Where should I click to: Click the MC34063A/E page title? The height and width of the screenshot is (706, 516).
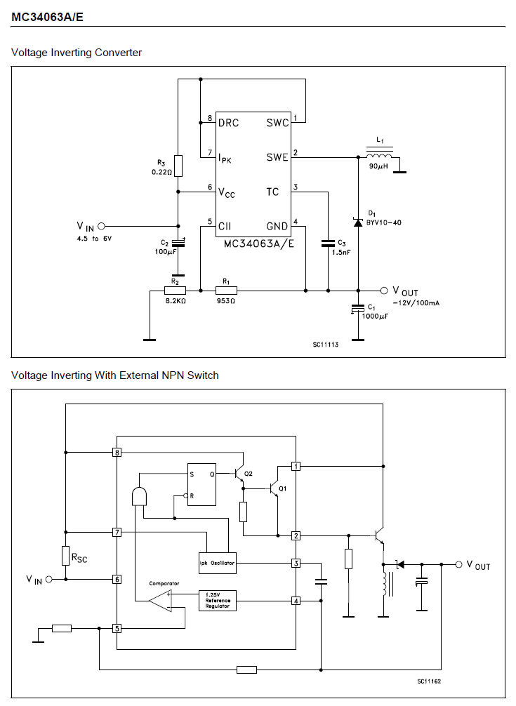pos(47,17)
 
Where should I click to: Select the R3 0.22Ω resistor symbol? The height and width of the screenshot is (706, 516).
pos(178,166)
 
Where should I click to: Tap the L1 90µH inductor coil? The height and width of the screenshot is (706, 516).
pos(379,156)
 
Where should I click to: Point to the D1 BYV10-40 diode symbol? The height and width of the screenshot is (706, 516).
pos(358,222)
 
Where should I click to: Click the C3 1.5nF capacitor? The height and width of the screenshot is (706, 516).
pos(328,243)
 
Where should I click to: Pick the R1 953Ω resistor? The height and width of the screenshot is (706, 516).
pos(226,291)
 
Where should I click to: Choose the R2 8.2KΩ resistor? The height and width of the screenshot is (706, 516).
pos(175,291)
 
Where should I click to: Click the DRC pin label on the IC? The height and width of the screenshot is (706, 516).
pos(229,123)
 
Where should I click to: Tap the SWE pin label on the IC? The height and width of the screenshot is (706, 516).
pos(277,157)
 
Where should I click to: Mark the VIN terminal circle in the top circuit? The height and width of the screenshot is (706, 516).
pos(101,227)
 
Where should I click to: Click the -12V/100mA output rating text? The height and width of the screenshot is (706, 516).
pos(416,303)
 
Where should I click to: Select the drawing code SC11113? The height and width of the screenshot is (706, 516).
pos(326,345)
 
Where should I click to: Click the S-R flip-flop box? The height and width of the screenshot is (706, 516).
pos(201,484)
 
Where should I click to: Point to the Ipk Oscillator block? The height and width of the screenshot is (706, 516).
pos(218,563)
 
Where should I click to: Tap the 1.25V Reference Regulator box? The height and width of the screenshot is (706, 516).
pos(218,600)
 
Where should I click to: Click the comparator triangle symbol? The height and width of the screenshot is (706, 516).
pos(161,601)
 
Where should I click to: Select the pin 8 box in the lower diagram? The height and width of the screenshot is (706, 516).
pos(117,453)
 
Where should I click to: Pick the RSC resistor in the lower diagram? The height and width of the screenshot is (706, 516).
pos(66,556)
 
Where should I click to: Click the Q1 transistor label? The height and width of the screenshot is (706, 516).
pos(282,488)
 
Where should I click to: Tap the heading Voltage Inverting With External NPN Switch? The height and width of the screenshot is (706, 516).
pos(115,375)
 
